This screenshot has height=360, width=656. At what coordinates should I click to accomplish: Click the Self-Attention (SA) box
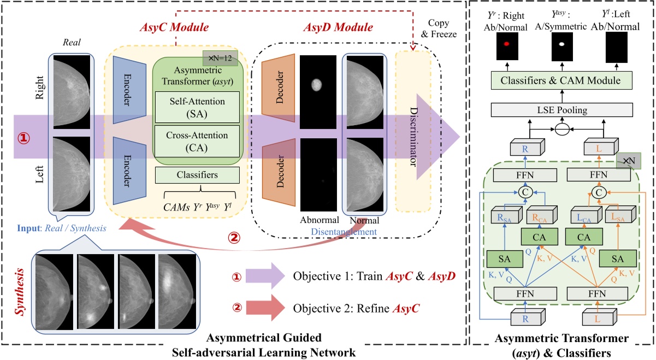pos(197,103)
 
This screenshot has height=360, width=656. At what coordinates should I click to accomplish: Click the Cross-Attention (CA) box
pos(197,140)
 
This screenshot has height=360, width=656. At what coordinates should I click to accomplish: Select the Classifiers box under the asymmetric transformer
pos(197,175)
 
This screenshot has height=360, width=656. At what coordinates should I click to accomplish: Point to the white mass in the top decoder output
pos(316,84)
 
